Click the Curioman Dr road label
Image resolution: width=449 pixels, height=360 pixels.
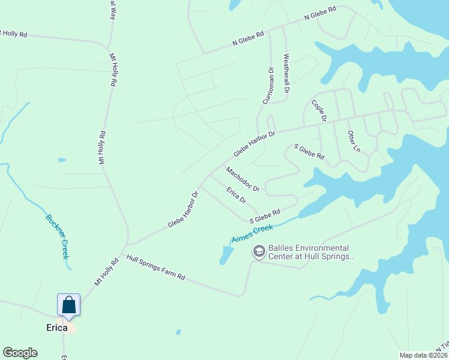tap(268, 85)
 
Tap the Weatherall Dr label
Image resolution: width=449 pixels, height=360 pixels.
tap(286, 74)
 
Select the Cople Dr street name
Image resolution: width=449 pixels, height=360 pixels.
tap(318, 111)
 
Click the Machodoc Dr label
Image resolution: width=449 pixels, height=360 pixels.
tap(243, 179)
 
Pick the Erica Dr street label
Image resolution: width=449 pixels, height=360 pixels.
tap(236, 194)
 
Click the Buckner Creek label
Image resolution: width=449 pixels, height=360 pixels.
tap(57, 236)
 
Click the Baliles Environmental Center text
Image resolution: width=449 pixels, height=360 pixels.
tap(309, 252)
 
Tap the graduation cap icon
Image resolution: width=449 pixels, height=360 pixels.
tap(259, 252)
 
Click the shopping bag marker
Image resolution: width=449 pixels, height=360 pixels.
tap(69, 305)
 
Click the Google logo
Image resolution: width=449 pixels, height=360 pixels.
tap(20, 353)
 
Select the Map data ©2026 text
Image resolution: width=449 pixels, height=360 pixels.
tap(423, 355)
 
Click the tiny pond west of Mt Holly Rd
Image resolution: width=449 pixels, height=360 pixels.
tap(61, 160)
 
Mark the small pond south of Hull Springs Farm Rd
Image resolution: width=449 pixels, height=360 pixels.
tap(178, 332)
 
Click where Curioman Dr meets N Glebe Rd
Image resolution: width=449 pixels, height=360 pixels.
tap(269, 32)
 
